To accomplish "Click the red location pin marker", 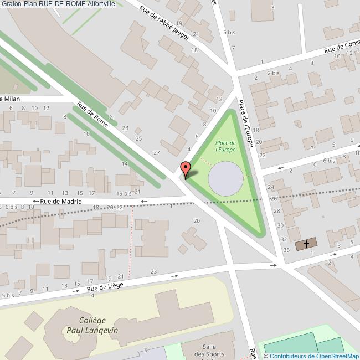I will [186, 168].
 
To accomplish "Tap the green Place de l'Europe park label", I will [225, 146].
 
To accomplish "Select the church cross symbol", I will [306, 244].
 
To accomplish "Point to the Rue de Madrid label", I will [61, 202].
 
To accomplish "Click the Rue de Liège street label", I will [104, 286].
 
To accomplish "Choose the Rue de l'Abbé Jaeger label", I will [164, 23].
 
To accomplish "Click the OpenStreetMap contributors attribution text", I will [311, 356].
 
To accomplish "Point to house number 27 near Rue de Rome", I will [157, 152].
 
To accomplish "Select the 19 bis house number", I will [124, 193].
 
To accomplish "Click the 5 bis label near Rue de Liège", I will [7, 296].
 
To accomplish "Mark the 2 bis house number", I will [273, 73].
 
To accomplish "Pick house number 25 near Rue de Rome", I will [138, 138].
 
